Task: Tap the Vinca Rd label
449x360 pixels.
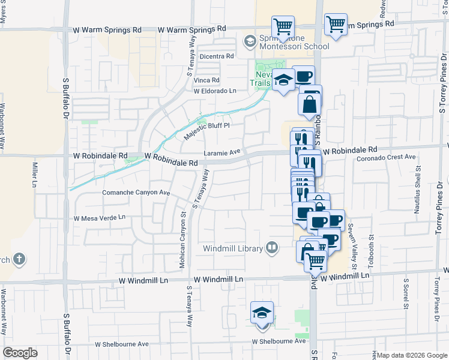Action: tap(207, 80)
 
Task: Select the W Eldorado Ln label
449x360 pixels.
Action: tap(215, 91)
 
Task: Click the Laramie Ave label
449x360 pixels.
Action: tap(222, 153)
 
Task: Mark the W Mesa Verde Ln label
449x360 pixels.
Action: tap(100, 218)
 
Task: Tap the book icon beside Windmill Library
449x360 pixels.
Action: tap(272, 247)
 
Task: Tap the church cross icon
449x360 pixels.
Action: tap(19, 259)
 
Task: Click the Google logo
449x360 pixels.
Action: tap(20, 352)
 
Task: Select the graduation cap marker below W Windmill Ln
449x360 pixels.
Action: tap(262, 313)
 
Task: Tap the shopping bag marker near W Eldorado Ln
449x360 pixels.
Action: tap(310, 104)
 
